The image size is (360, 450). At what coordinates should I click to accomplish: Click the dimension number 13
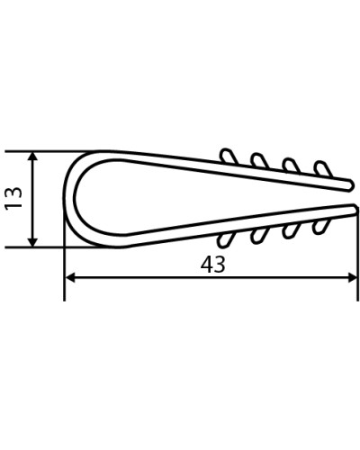[14, 198]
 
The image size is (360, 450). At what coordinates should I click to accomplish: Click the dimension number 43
[213, 265]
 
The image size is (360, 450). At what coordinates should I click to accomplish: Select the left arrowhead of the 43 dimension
[70, 277]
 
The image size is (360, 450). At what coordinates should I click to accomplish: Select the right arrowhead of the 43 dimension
[352, 277]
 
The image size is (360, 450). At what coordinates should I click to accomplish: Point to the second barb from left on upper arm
[259, 160]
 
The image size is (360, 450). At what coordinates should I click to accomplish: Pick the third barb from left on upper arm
[292, 165]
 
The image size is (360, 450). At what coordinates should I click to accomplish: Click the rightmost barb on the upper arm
[323, 168]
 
